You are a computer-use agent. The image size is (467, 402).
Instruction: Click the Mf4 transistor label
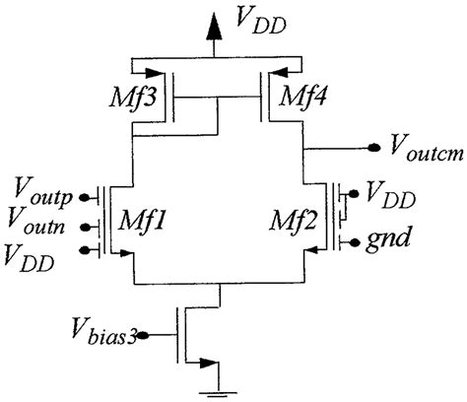303,96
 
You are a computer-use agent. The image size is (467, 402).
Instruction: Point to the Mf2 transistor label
294,220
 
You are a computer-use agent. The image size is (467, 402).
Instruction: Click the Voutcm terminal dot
374,148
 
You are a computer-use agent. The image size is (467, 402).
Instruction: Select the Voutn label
36,221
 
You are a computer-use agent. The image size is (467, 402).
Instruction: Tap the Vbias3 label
103,331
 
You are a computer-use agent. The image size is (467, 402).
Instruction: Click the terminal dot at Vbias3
143,335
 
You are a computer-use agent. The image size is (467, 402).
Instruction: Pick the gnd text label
388,237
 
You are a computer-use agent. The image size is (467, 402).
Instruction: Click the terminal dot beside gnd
355,242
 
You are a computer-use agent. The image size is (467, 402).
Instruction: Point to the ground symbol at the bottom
219,394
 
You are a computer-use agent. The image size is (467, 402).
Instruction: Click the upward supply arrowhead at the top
214,28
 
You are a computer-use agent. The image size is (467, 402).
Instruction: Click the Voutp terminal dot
85,198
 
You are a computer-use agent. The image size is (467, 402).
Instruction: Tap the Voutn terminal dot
86,227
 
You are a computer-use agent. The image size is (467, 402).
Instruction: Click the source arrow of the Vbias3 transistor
209,363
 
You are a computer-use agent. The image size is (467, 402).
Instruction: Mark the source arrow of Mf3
154,73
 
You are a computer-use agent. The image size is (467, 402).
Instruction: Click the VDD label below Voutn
30,258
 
